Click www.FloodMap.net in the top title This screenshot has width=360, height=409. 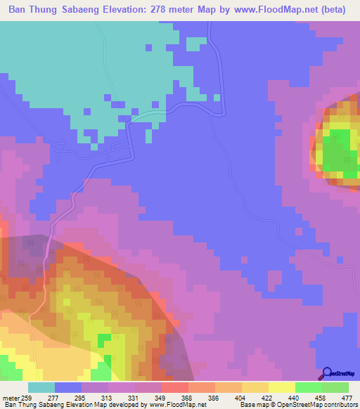pyautogui.click(x=278, y=11)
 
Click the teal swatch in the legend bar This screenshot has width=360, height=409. pyautogui.click(x=41, y=388)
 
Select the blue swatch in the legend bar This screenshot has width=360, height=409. pyautogui.click(x=68, y=388)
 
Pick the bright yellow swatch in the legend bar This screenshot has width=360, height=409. pyautogui.click(x=281, y=388)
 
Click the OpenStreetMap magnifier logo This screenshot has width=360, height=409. pyautogui.click(x=326, y=373)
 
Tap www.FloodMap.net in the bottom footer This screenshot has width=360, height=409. pyautogui.click(x=177, y=404)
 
